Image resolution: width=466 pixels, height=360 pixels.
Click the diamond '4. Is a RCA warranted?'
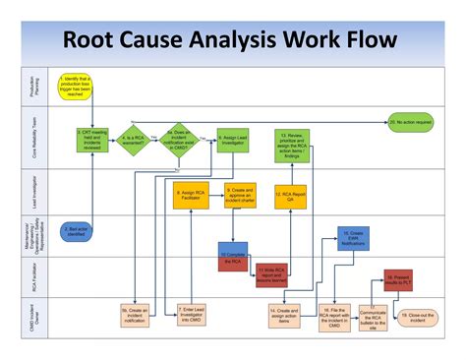point(134,139)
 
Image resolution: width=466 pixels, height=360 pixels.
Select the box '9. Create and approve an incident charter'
point(241,194)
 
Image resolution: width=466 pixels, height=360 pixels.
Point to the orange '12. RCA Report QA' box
point(291,195)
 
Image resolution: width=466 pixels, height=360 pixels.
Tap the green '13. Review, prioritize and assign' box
point(296,145)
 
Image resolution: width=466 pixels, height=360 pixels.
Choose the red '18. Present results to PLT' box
point(398,281)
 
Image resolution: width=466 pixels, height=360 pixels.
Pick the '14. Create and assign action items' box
point(285,315)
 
